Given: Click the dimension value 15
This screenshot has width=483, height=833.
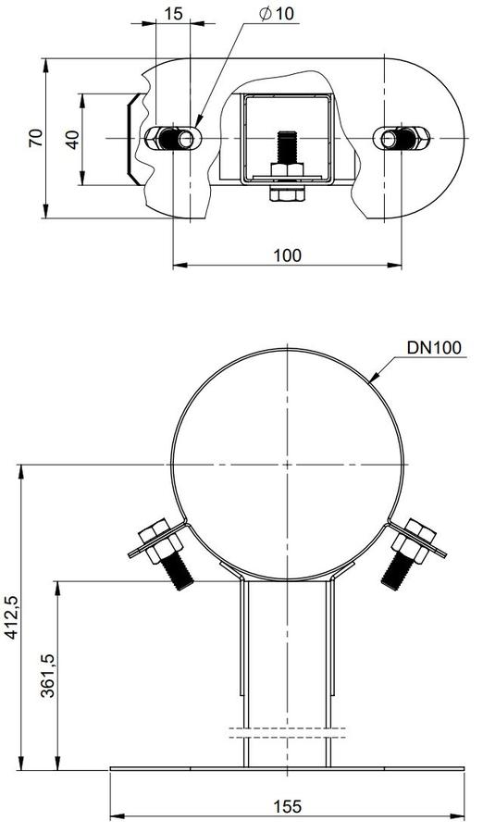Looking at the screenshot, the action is (173, 14).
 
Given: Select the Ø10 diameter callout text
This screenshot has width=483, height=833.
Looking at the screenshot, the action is (277, 13).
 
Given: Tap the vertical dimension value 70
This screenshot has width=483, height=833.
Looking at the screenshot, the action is (35, 138).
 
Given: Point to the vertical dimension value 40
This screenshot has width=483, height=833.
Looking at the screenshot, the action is (73, 139).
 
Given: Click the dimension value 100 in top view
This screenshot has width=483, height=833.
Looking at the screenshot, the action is (287, 255).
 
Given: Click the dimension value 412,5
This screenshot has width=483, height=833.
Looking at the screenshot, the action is (13, 616).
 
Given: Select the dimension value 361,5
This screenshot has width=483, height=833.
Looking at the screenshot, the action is (49, 675).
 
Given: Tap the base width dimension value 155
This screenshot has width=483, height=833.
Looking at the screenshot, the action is (287, 806).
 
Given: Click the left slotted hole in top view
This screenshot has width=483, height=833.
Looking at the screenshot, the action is (173, 139).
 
